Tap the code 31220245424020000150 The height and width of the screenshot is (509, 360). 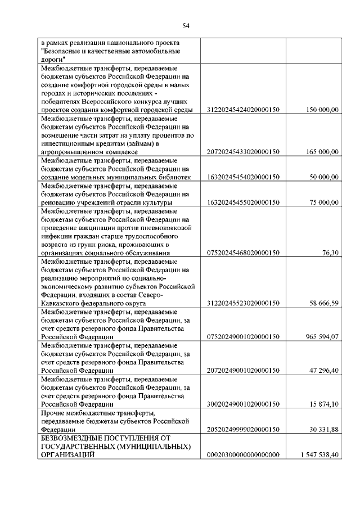[x=244, y=109]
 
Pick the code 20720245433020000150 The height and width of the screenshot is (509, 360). [x=244, y=151]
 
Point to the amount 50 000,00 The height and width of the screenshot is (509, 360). [x=323, y=177]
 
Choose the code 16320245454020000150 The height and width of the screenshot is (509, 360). [x=244, y=177]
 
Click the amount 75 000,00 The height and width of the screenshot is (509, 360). [x=323, y=202]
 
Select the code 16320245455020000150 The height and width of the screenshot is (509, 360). [x=244, y=202]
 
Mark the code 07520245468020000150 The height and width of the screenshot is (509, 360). [x=244, y=253]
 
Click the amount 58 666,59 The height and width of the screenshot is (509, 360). [x=323, y=303]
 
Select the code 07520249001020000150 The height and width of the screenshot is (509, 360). [x=244, y=336]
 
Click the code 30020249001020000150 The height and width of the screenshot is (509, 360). [x=244, y=404]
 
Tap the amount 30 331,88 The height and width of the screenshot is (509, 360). [x=323, y=429]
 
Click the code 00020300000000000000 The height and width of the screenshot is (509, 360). [x=244, y=454]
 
